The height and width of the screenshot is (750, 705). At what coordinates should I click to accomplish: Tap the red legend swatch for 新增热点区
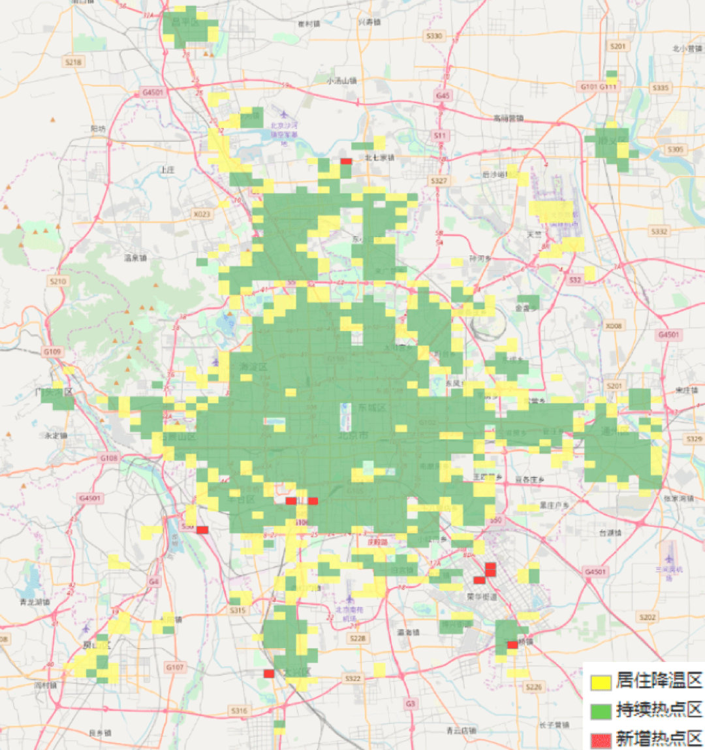pos(601,740)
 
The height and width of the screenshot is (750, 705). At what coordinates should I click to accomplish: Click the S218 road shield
pos(73,62)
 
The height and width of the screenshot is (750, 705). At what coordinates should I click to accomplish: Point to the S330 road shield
pos(434,36)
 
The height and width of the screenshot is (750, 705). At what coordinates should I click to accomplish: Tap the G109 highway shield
pos(52,352)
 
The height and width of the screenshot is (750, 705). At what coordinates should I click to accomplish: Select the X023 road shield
pos(202,213)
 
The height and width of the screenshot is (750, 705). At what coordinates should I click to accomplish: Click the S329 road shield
pos(694,439)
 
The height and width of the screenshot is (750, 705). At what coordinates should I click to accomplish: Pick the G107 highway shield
pos(174,667)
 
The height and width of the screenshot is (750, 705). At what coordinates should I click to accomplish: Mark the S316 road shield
pos(239,710)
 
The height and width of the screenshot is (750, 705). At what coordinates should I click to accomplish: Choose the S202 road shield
pos(647,617)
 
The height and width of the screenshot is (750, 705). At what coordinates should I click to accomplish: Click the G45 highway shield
pos(443,95)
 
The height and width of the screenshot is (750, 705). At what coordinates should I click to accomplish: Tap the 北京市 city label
pos(353,435)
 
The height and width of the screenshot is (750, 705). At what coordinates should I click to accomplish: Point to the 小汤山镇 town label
pos(341,81)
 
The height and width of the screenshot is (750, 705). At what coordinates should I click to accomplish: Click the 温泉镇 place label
pos(135,258)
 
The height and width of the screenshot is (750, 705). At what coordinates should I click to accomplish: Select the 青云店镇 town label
pos(460,730)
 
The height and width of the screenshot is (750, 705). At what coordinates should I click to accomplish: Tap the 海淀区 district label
pos(253,367)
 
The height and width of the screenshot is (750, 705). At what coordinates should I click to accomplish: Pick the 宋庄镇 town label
pos(687,390)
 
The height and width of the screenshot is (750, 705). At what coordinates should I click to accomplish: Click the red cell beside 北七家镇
pos(346,161)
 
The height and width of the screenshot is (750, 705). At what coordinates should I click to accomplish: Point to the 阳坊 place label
pos(98,129)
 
